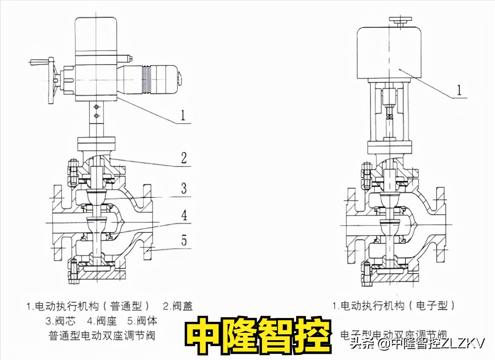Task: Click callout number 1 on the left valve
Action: click(182, 115)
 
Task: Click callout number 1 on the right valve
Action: click(459, 90)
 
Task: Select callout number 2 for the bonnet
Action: click(184, 158)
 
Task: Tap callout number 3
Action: click(184, 188)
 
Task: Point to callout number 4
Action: click(184, 214)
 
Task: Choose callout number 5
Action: click(184, 241)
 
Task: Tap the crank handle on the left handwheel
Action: click(40, 61)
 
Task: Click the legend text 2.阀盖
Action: click(177, 306)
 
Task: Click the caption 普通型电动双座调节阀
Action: click(102, 336)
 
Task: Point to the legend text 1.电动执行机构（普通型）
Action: click(88, 306)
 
